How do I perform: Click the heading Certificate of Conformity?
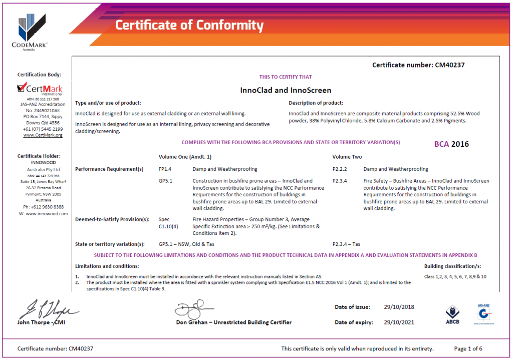[189, 25]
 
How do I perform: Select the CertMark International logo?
[40, 90]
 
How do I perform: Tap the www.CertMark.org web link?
[43, 135]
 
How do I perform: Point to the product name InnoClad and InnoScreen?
[286, 91]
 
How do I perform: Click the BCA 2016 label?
[451, 144]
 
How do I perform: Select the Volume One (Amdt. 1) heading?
[185, 157]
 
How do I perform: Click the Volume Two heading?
[347, 157]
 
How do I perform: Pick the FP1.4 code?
[165, 169]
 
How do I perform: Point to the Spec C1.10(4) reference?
[165, 223]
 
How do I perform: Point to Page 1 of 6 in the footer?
[468, 348]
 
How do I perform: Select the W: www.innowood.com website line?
[43, 214]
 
